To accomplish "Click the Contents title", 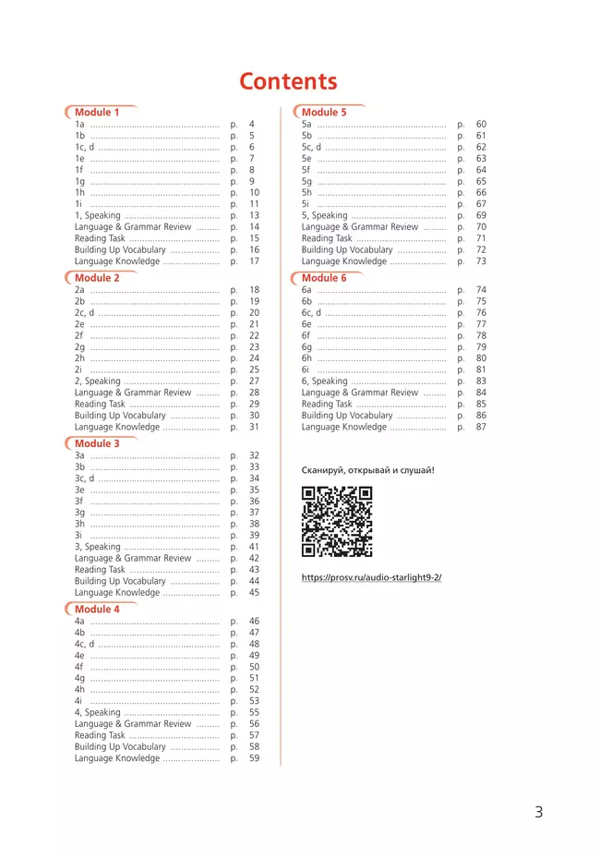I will (x=288, y=81).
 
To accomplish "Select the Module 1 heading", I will (x=97, y=113).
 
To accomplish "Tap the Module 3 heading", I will (x=97, y=444).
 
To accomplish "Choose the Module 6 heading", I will (x=324, y=278).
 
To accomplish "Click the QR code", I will (x=337, y=522).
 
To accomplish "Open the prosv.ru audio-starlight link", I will (x=371, y=577).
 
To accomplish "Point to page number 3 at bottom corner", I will (x=538, y=813).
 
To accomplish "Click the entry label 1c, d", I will (x=85, y=147).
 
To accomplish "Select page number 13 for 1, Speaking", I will (x=254, y=215).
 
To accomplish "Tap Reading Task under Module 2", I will (x=100, y=404).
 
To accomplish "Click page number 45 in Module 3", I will (x=254, y=593).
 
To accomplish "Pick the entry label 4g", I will (x=79, y=678).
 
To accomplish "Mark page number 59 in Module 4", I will (x=254, y=758).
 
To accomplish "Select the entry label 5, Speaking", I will (x=324, y=215).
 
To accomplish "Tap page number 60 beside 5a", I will (x=481, y=124).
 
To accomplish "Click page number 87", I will (x=481, y=427).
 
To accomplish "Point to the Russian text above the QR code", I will (x=367, y=470).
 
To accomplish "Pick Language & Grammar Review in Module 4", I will (x=133, y=724).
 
